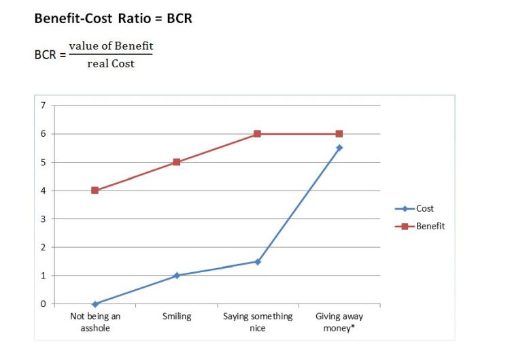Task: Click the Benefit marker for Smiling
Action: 177,162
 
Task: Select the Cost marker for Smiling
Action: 177,276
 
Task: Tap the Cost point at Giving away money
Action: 339,148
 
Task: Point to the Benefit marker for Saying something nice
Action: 257,134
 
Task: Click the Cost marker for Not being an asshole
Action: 95,304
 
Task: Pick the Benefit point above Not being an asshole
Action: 95,191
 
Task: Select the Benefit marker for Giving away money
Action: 339,134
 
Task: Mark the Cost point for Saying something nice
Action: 257,261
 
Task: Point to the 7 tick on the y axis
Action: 43,105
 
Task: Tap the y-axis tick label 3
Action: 43,219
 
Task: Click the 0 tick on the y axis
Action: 43,304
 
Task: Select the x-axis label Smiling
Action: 177,316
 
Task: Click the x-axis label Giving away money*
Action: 339,322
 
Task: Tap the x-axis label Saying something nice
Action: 257,322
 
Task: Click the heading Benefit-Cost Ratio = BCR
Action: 113,19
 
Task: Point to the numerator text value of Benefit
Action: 111,46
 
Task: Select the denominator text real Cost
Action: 111,63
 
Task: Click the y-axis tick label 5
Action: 43,163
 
